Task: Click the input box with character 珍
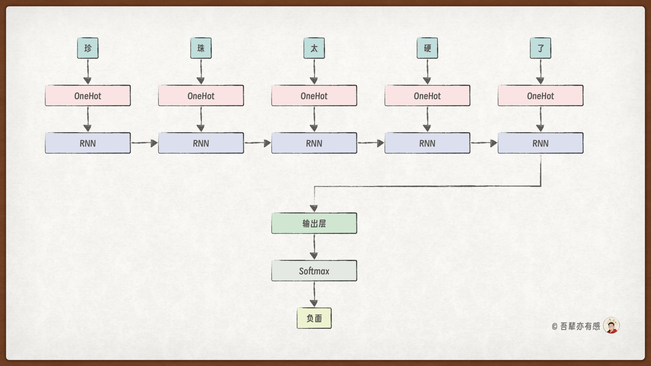pos(87,48)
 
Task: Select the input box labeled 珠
pos(201,48)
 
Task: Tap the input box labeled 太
pos(314,48)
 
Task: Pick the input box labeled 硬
pos(427,48)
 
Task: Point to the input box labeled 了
pos(540,48)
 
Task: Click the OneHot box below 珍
pos(87,96)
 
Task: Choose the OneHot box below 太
pos(314,96)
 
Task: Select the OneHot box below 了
pos(540,96)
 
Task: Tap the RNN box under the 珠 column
pos(201,143)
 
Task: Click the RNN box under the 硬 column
pos(427,143)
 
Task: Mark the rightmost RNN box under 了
pos(540,143)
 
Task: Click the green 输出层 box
pos(314,223)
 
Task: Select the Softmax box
pos(314,271)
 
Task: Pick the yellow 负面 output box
pos(314,318)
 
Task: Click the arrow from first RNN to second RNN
pos(144,143)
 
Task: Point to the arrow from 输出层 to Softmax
pos(314,247)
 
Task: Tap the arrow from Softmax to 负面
pos(314,294)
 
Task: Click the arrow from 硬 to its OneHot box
pos(427,72)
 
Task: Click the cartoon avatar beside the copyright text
pos(611,326)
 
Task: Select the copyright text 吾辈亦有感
pos(580,326)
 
